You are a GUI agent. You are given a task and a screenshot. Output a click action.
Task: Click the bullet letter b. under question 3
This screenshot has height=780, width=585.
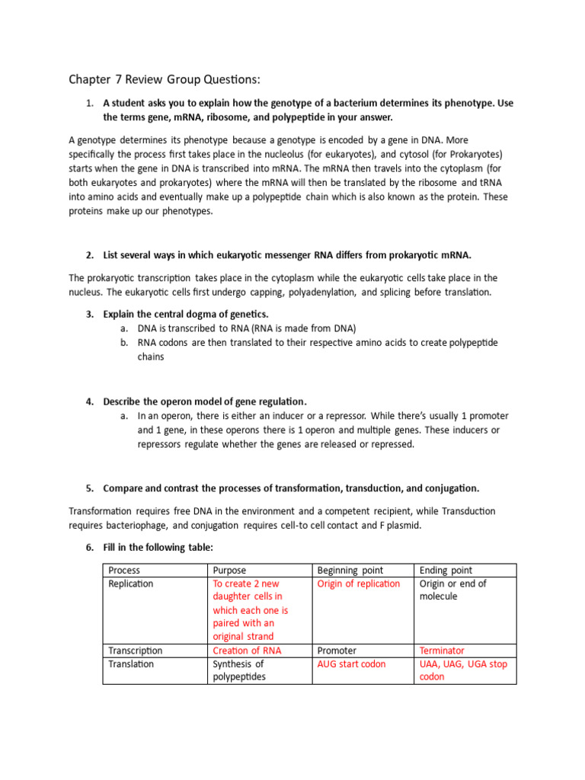point(123,343)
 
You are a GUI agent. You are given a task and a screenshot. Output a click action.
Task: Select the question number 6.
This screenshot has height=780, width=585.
point(89,548)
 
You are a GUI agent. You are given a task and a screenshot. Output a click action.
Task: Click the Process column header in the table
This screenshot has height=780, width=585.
point(124,570)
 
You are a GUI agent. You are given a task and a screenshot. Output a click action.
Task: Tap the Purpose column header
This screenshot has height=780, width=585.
point(229,570)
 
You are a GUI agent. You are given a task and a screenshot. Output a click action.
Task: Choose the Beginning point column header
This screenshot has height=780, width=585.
point(350,570)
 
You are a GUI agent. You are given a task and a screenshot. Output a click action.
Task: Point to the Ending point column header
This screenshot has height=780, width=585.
point(446,570)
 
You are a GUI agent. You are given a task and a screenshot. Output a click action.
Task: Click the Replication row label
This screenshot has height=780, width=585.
point(130,583)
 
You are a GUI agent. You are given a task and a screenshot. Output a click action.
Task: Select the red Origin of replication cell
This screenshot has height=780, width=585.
point(358,583)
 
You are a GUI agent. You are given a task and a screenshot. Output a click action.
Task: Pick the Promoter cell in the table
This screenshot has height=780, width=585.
point(336,651)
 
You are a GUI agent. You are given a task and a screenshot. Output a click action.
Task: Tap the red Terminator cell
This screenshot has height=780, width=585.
point(442,651)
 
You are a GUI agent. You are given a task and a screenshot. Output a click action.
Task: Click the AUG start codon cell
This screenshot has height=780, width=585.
point(351,664)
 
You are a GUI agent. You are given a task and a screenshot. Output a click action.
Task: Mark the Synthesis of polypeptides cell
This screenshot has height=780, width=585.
point(238,670)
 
